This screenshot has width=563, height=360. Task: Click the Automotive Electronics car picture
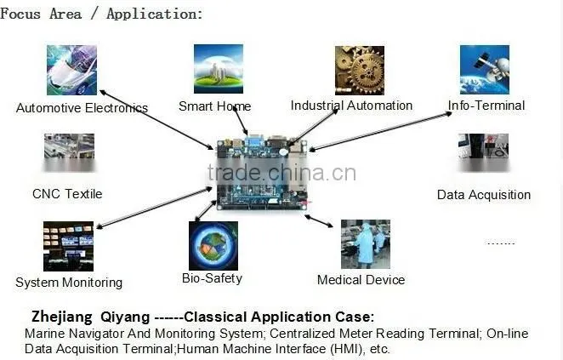click(x=71, y=70)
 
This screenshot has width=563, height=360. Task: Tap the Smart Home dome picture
click(x=219, y=69)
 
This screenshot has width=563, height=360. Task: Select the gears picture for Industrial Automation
click(x=360, y=71)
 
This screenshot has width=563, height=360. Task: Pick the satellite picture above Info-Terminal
click(x=485, y=70)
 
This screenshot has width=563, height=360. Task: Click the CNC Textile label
click(x=67, y=194)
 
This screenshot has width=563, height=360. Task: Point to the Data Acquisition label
click(x=484, y=195)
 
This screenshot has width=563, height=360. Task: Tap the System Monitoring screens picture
click(x=68, y=246)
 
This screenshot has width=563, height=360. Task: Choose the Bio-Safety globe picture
click(x=213, y=246)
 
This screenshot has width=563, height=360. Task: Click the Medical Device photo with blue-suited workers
click(x=366, y=244)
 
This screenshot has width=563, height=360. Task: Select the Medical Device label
click(x=361, y=280)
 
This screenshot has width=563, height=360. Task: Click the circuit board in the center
click(x=262, y=173)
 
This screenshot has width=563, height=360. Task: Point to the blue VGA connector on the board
click(x=253, y=140)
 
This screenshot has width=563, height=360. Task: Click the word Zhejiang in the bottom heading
click(x=62, y=317)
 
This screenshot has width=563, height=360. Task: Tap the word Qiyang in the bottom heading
click(x=125, y=317)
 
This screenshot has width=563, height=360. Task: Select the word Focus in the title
click(x=20, y=14)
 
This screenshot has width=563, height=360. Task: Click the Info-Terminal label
click(x=486, y=106)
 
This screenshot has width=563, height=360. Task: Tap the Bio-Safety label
click(x=212, y=278)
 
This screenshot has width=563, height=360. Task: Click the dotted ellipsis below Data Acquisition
click(x=501, y=243)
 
